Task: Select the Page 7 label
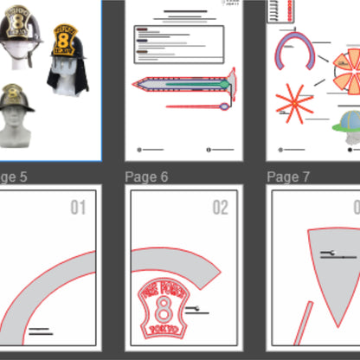point(288,177)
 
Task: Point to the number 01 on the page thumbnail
point(79,208)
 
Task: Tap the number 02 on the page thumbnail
point(221,208)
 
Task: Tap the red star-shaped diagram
point(294,103)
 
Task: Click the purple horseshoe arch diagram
point(294,52)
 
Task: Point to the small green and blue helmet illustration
point(347,121)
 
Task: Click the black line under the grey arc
point(40,330)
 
